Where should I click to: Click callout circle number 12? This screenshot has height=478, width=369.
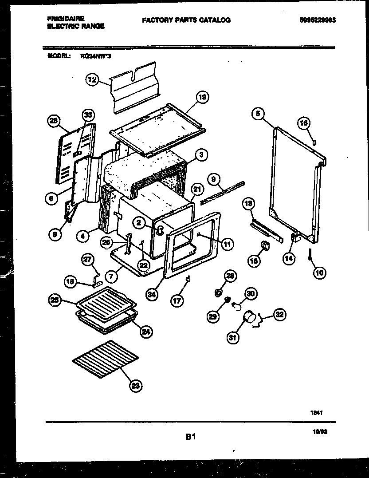coord(92,80)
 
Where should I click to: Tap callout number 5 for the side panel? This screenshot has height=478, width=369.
coord(257,114)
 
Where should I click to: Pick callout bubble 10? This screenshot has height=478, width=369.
coord(319,273)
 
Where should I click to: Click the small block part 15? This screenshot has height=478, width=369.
coord(265,245)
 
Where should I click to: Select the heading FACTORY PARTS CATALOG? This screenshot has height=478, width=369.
coord(186,20)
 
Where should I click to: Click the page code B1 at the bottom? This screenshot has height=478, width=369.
coord(191,437)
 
